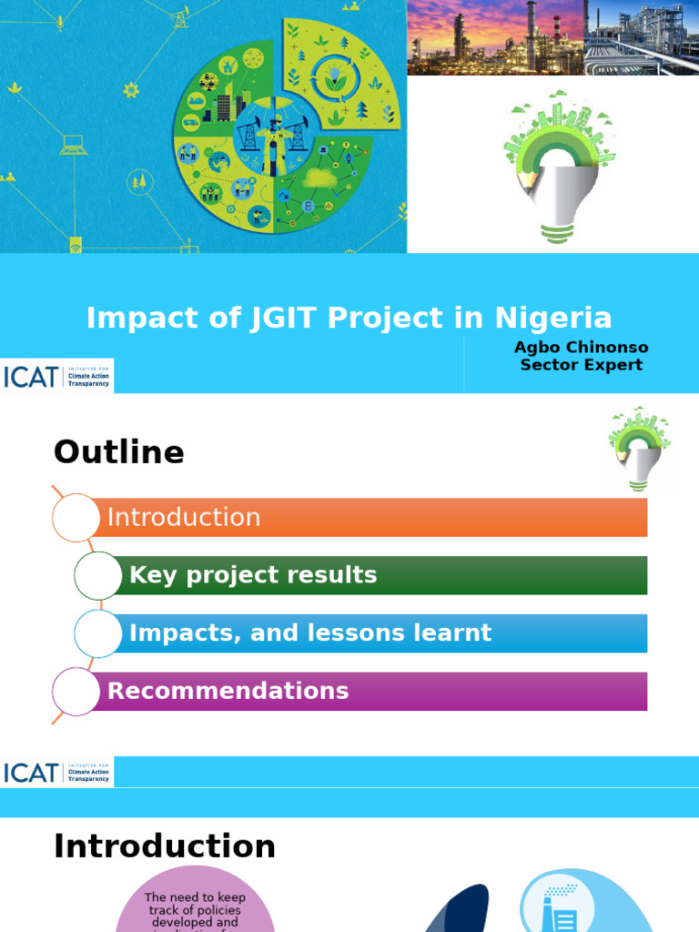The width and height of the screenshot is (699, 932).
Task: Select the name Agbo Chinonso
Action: pyautogui.click(x=581, y=348)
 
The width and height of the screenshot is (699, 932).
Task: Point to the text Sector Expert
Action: pyautogui.click(x=581, y=365)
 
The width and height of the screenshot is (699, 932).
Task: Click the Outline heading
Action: pyautogui.click(x=118, y=452)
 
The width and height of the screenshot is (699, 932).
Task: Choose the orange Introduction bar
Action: pyautogui.click(x=373, y=517)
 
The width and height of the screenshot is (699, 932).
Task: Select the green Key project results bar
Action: pyautogui.click(x=382, y=575)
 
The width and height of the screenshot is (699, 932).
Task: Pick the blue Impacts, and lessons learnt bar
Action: pyautogui.click(x=382, y=633)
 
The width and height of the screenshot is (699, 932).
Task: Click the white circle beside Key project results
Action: pyautogui.click(x=97, y=575)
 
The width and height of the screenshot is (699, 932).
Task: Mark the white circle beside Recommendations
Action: pyautogui.click(x=76, y=691)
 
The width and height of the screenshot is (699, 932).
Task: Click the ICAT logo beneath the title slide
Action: pyautogui.click(x=56, y=376)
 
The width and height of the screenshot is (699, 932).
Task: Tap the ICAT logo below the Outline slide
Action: pyautogui.click(x=56, y=773)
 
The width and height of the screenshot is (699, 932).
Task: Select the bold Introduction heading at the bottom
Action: pyautogui.click(x=164, y=846)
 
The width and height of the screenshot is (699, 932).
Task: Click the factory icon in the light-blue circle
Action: pyautogui.click(x=557, y=906)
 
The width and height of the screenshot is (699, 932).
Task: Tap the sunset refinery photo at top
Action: pyautogui.click(x=494, y=37)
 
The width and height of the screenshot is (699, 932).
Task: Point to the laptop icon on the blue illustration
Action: pyautogui.click(x=74, y=146)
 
